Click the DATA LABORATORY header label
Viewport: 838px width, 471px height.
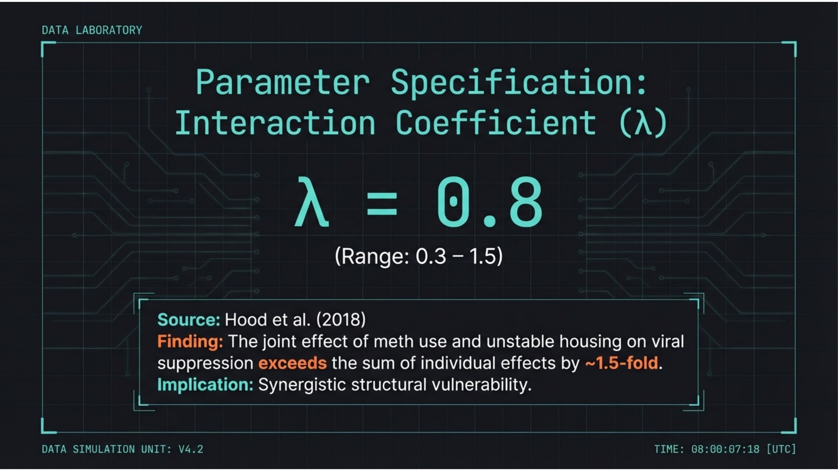[92, 30]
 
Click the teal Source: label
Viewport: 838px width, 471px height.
[189, 320]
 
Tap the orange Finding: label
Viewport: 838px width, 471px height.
[190, 342]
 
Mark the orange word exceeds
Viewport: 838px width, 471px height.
[292, 363]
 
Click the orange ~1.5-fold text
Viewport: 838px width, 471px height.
[621, 363]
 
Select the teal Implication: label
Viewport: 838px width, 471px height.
[205, 385]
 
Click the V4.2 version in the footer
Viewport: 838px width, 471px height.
[191, 449]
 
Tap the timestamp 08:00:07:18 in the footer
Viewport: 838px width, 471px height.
[725, 449]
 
